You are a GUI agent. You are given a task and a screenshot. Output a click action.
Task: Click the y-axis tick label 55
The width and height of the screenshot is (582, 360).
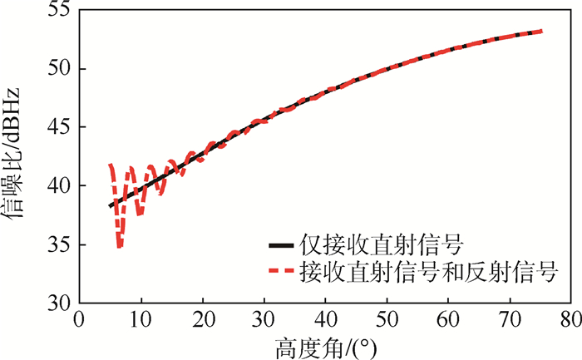pyautogui.click(x=57, y=11)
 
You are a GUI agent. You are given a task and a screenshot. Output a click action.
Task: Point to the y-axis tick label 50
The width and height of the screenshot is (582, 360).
pyautogui.click(x=57, y=68)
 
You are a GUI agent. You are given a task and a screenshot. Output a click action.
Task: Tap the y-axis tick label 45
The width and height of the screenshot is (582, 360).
pyautogui.click(x=57, y=127)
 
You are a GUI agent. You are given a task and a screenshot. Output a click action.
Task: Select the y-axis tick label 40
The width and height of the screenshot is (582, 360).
pyautogui.click(x=57, y=185)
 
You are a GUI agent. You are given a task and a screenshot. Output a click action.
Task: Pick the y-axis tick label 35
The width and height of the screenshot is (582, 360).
pyautogui.click(x=57, y=244)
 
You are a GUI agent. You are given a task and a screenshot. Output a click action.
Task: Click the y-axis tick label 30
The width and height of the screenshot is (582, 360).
pyautogui.click(x=57, y=303)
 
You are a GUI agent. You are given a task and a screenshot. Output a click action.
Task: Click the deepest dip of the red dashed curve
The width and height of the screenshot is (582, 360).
pyautogui.click(x=120, y=247)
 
